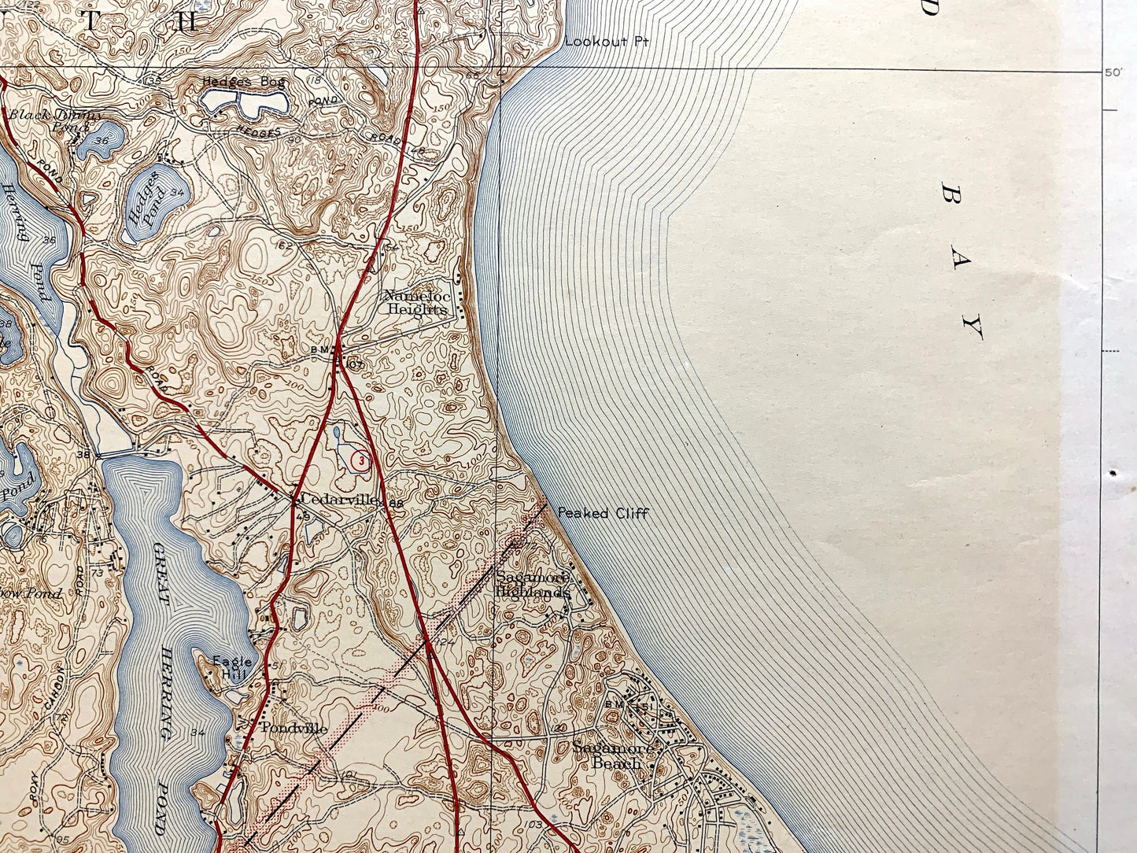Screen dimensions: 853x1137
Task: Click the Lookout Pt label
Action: [606, 41]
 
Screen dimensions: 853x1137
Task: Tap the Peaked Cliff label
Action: [603, 513]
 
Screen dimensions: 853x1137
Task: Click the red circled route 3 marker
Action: [360, 461]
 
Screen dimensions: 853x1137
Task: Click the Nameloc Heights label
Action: [415, 302]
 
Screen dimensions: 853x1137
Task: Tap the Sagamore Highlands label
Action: [532, 586]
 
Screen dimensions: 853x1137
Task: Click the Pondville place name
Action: [293, 728]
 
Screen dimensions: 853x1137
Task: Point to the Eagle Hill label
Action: [233, 667]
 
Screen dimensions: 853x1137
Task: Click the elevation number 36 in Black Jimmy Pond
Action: [101, 140]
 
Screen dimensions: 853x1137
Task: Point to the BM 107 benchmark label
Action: [342, 356]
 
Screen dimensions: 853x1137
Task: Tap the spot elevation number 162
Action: [284, 246]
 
